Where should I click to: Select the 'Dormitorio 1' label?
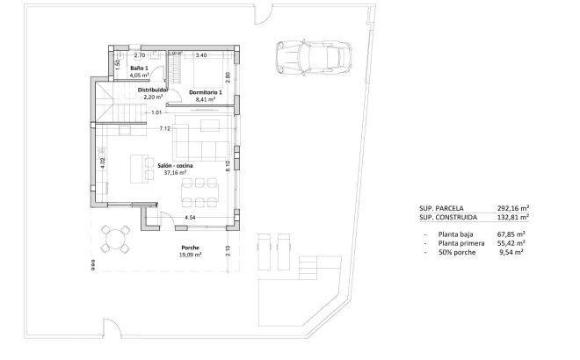point(207,92)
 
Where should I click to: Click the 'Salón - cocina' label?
point(175,165)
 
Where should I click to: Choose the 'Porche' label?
point(191,248)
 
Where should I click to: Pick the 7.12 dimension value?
point(164,129)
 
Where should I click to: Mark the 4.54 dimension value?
point(189,217)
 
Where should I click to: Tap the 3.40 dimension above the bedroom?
point(200,55)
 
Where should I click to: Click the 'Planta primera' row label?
point(457,243)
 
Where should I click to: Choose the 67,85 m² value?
point(510,234)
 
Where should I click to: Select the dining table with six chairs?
point(199,188)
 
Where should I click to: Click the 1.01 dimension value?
point(156,112)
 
